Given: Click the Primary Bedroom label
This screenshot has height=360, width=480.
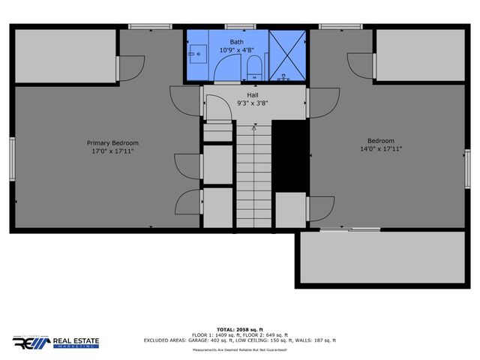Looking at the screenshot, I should (x=112, y=142).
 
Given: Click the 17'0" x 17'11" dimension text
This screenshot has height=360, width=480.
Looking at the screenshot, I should (x=112, y=151).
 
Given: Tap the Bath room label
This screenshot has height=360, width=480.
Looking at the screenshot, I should (x=237, y=42).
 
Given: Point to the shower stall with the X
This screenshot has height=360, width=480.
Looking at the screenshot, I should (x=287, y=54).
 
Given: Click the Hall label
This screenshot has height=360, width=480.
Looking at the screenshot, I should (x=253, y=95).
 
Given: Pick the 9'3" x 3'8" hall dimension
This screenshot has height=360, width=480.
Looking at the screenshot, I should (x=253, y=103).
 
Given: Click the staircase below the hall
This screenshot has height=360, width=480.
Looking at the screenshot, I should (x=253, y=176).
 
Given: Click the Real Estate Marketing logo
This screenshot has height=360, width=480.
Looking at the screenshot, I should (x=55, y=341).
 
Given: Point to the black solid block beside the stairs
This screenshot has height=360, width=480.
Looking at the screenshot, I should (x=290, y=157).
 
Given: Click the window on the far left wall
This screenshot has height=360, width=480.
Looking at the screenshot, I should (x=11, y=159).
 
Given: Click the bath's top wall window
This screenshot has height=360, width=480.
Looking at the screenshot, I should (x=235, y=27).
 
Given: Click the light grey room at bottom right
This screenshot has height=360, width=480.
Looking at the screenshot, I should (x=382, y=257).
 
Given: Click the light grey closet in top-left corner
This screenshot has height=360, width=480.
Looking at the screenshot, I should (x=65, y=57).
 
